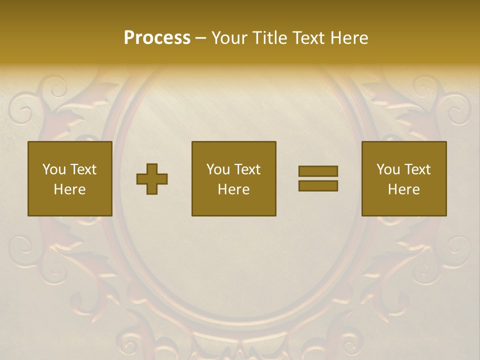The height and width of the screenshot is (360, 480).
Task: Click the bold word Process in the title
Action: pos(157,38)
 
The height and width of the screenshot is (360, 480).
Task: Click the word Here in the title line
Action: pos(349,38)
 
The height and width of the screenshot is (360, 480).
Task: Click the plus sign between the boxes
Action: pos(152,179)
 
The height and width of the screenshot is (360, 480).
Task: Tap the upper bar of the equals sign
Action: pos(318,171)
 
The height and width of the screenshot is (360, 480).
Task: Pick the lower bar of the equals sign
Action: pos(318,186)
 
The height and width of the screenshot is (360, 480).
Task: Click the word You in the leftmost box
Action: pos(53,169)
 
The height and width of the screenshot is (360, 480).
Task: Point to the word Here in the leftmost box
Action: pos(69,189)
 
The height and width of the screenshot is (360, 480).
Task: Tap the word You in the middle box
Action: pos(218,169)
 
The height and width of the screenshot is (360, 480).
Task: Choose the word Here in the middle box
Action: pos(233,189)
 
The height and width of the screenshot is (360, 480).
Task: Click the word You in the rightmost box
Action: pos(388,169)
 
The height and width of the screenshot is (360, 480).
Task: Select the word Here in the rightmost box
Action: pos(403,189)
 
